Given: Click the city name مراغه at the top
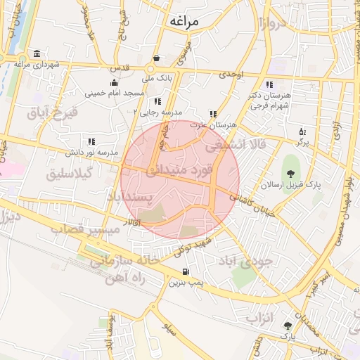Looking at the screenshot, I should (184, 21).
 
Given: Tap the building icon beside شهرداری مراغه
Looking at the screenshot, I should (37, 55).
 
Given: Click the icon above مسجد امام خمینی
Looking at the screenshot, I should (114, 84).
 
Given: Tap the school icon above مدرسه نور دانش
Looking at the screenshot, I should (91, 141).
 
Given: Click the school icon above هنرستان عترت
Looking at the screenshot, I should (213, 114).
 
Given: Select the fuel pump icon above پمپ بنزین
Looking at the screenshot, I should (186, 272).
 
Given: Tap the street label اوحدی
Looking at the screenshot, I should (230, 74).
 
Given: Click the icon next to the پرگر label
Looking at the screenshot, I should (302, 131).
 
